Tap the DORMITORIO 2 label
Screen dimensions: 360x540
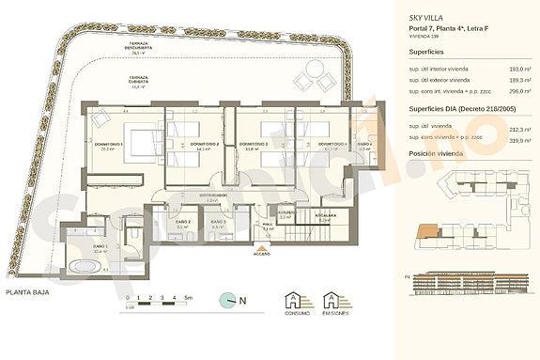pos(204,145)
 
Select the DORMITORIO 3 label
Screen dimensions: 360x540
pos(255,144)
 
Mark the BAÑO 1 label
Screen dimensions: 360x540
pos(100,249)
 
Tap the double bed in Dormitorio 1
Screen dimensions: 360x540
pos(141,143)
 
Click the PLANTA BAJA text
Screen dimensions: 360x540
pos(27,293)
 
